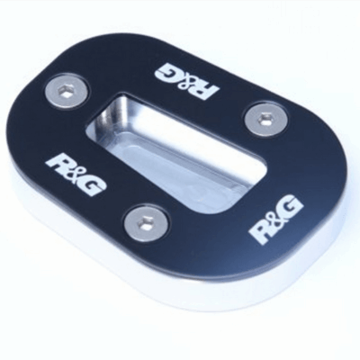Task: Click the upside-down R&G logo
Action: [x=187, y=80]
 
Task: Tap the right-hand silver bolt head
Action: [x=266, y=118]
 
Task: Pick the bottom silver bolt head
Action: [x=147, y=221]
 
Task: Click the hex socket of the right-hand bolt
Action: [x=266, y=117]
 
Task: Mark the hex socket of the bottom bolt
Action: [x=145, y=221]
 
